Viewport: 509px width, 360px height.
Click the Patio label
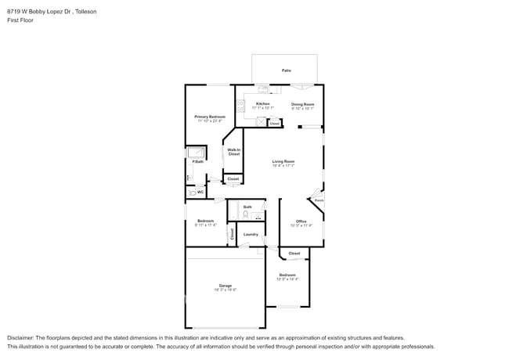click(287, 71)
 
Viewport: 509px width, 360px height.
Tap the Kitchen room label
click(263, 103)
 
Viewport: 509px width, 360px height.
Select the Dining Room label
click(303, 103)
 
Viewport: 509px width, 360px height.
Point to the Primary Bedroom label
click(210, 117)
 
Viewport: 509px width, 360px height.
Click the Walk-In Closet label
click(233, 152)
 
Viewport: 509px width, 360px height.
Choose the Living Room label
click(283, 161)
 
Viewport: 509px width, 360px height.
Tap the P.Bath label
click(198, 162)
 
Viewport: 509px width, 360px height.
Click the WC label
click(200, 192)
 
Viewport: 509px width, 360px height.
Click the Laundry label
click(251, 234)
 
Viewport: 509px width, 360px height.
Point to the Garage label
click(226, 285)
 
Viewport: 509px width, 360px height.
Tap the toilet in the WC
click(190, 192)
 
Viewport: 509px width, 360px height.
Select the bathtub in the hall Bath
click(233, 210)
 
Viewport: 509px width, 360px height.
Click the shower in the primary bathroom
click(197, 152)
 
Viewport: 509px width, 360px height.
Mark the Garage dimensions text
click(226, 290)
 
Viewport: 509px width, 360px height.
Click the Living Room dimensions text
click(283, 166)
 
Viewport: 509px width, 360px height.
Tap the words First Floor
click(20, 20)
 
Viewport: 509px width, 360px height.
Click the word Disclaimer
click(21, 337)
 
